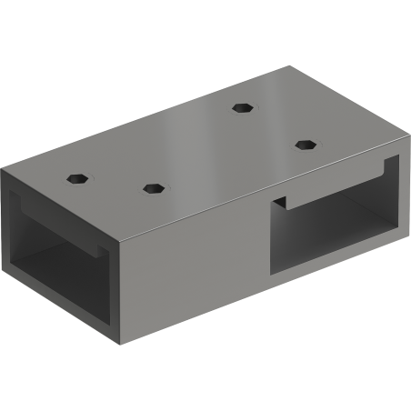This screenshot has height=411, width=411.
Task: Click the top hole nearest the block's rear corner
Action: pos(241,107)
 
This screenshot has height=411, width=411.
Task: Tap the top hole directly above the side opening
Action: pos(303,143)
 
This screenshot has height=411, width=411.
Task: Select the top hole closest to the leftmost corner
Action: pos(79,176)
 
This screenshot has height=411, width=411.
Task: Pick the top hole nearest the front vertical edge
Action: pos(153,188)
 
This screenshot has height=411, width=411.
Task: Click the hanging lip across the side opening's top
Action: pos(332,190)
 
